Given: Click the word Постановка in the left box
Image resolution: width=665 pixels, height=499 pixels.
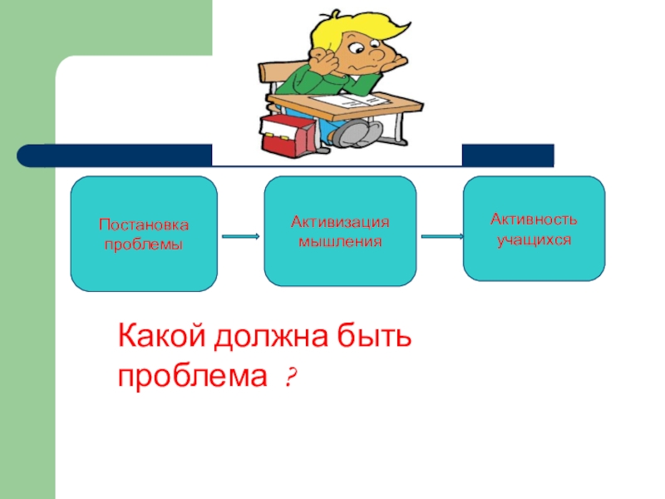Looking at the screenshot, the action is point(144,225).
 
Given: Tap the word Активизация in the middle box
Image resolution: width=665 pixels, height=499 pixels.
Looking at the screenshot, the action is point(340,223).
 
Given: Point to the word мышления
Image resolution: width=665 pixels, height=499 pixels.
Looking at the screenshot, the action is point(340,241).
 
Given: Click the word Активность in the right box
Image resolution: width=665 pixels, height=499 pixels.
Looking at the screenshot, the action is point(534,220).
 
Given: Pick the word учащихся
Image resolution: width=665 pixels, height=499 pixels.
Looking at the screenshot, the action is point(534,239).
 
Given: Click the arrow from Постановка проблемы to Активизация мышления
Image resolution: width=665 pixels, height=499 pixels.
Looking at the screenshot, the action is point(241,236).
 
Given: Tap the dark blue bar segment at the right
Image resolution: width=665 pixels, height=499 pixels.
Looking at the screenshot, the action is point(507,156).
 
